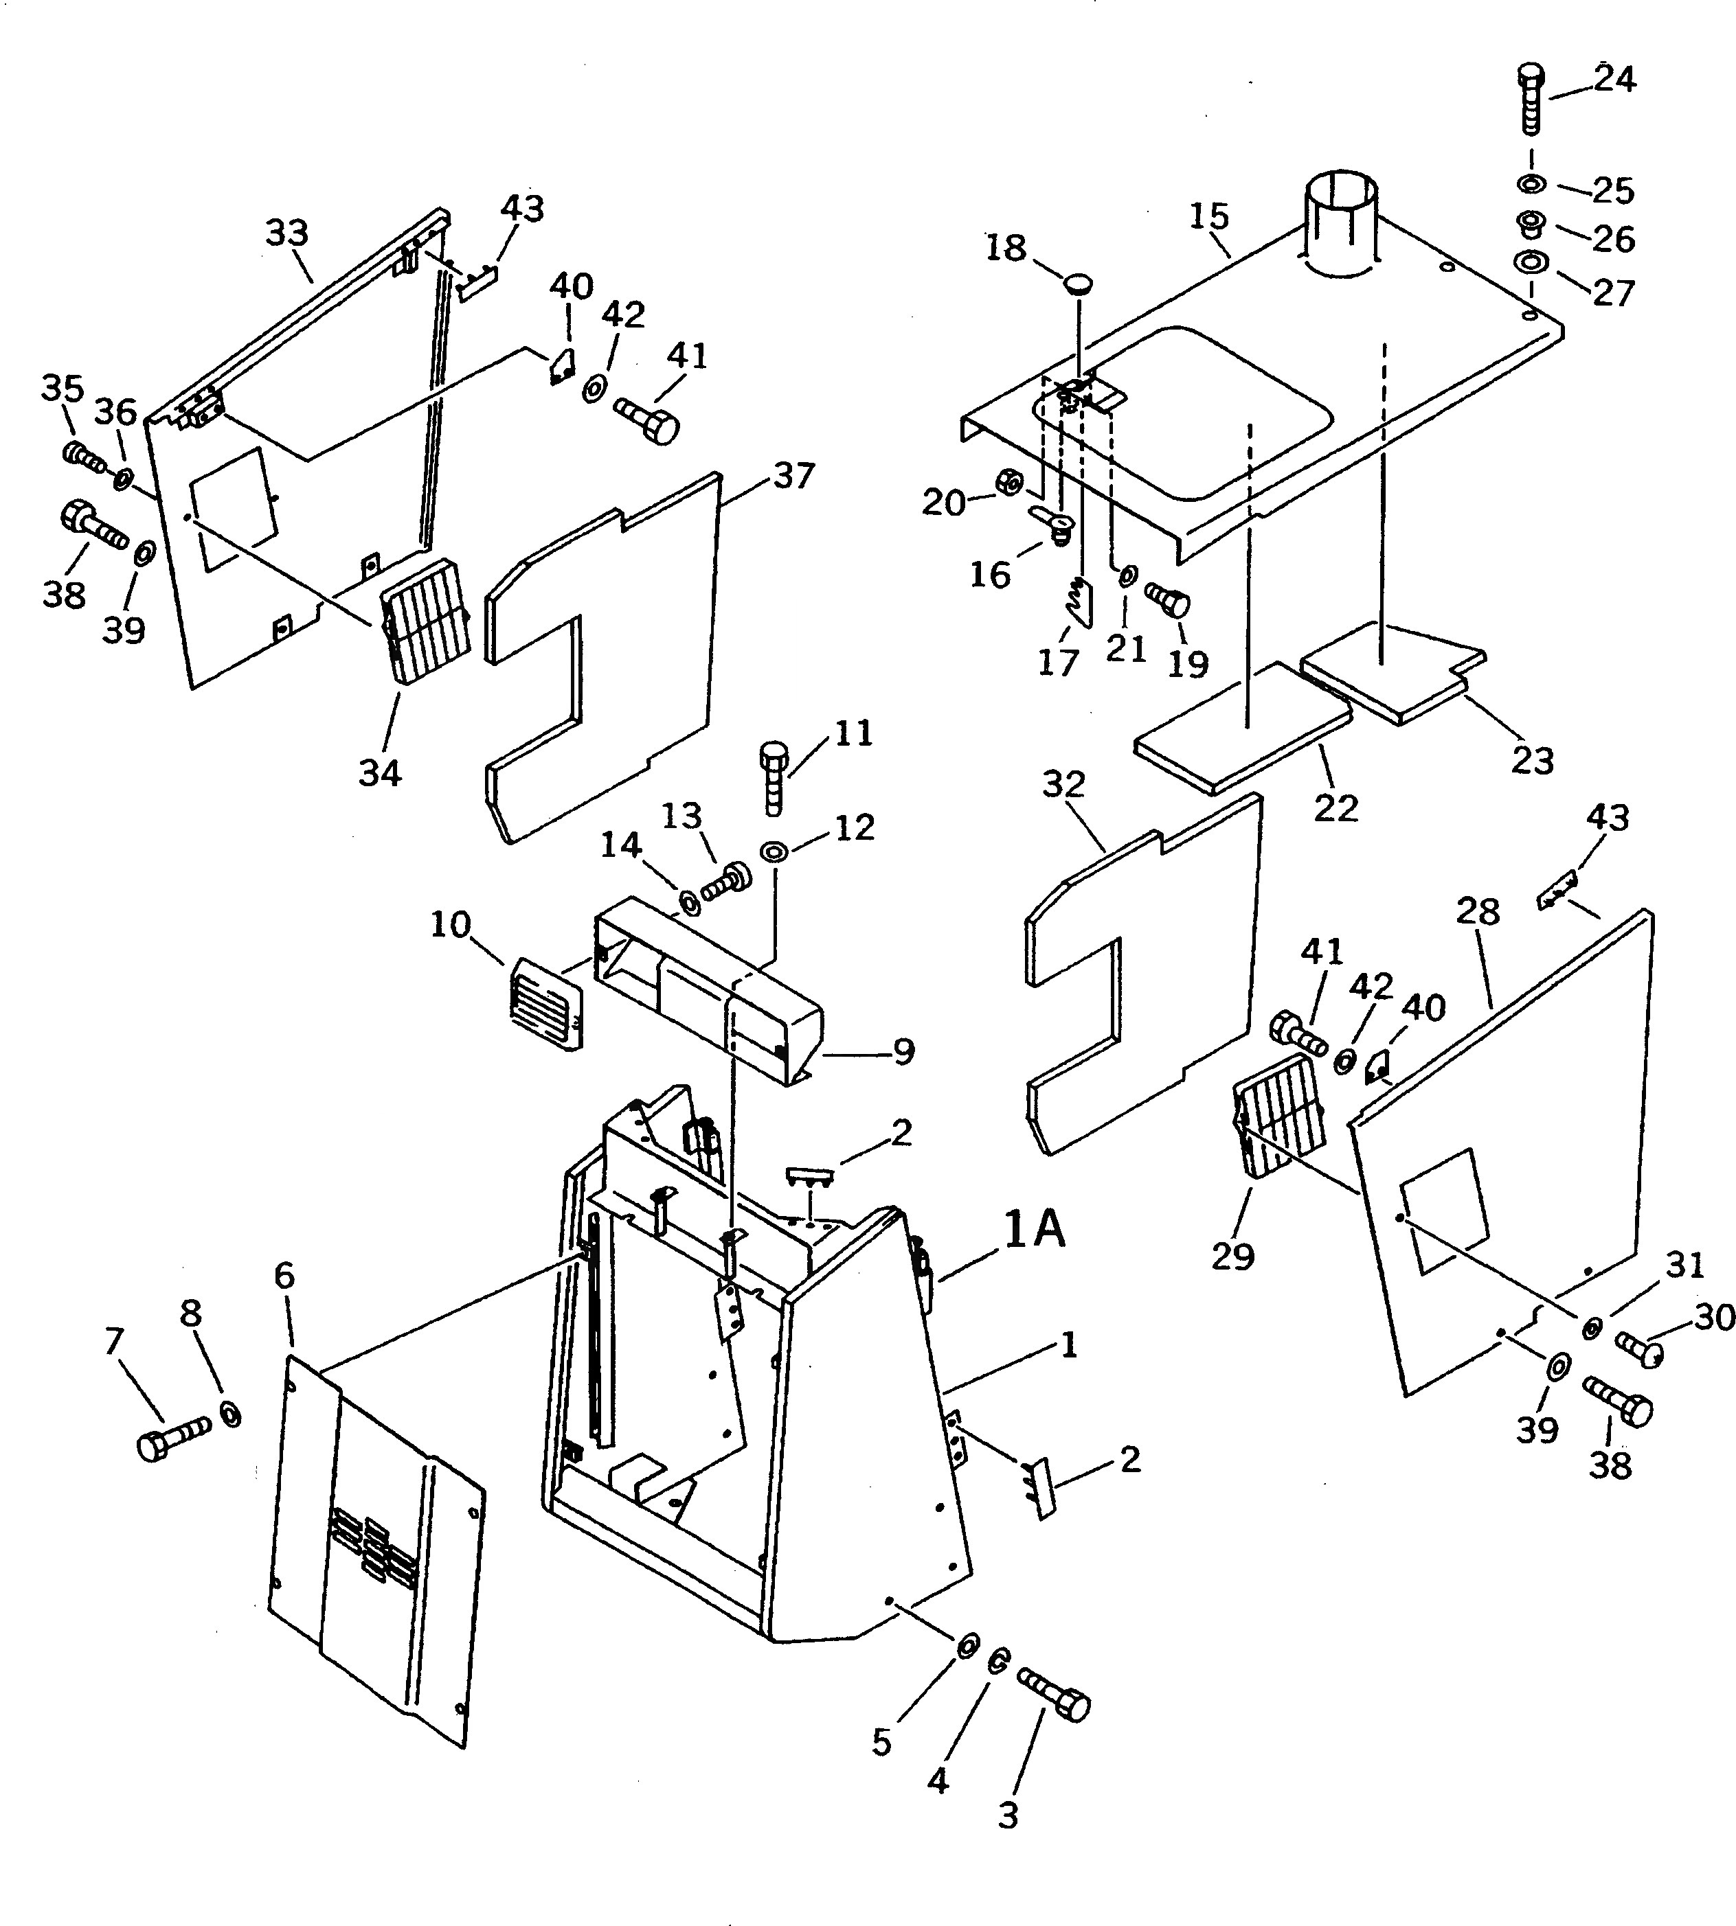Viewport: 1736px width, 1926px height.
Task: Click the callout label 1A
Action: [1034, 1230]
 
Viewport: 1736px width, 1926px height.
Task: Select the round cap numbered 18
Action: [1079, 283]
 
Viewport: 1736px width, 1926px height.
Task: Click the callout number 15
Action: [1208, 216]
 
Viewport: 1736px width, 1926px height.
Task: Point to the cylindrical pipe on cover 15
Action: [1340, 224]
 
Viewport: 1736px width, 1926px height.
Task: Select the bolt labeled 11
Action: [774, 777]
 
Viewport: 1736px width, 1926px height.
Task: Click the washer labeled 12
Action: [773, 849]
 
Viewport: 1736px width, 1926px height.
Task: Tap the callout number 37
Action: [793, 476]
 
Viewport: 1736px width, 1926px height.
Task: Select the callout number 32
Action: [1063, 783]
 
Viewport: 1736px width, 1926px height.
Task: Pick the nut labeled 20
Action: [1008, 484]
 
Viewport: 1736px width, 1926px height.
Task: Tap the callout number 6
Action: [284, 1276]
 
